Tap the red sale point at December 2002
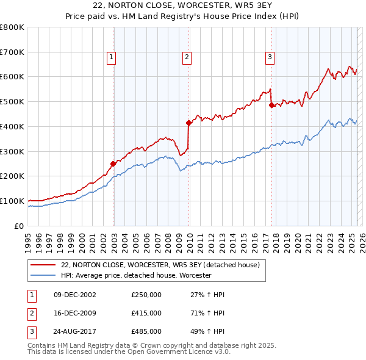click(x=113, y=164)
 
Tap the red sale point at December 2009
click(x=189, y=123)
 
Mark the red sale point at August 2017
click(x=271, y=105)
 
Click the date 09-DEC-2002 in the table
click(x=76, y=295)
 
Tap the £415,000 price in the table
click(x=146, y=313)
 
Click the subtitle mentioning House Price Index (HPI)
click(x=183, y=16)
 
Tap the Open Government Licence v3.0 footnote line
click(x=129, y=352)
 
